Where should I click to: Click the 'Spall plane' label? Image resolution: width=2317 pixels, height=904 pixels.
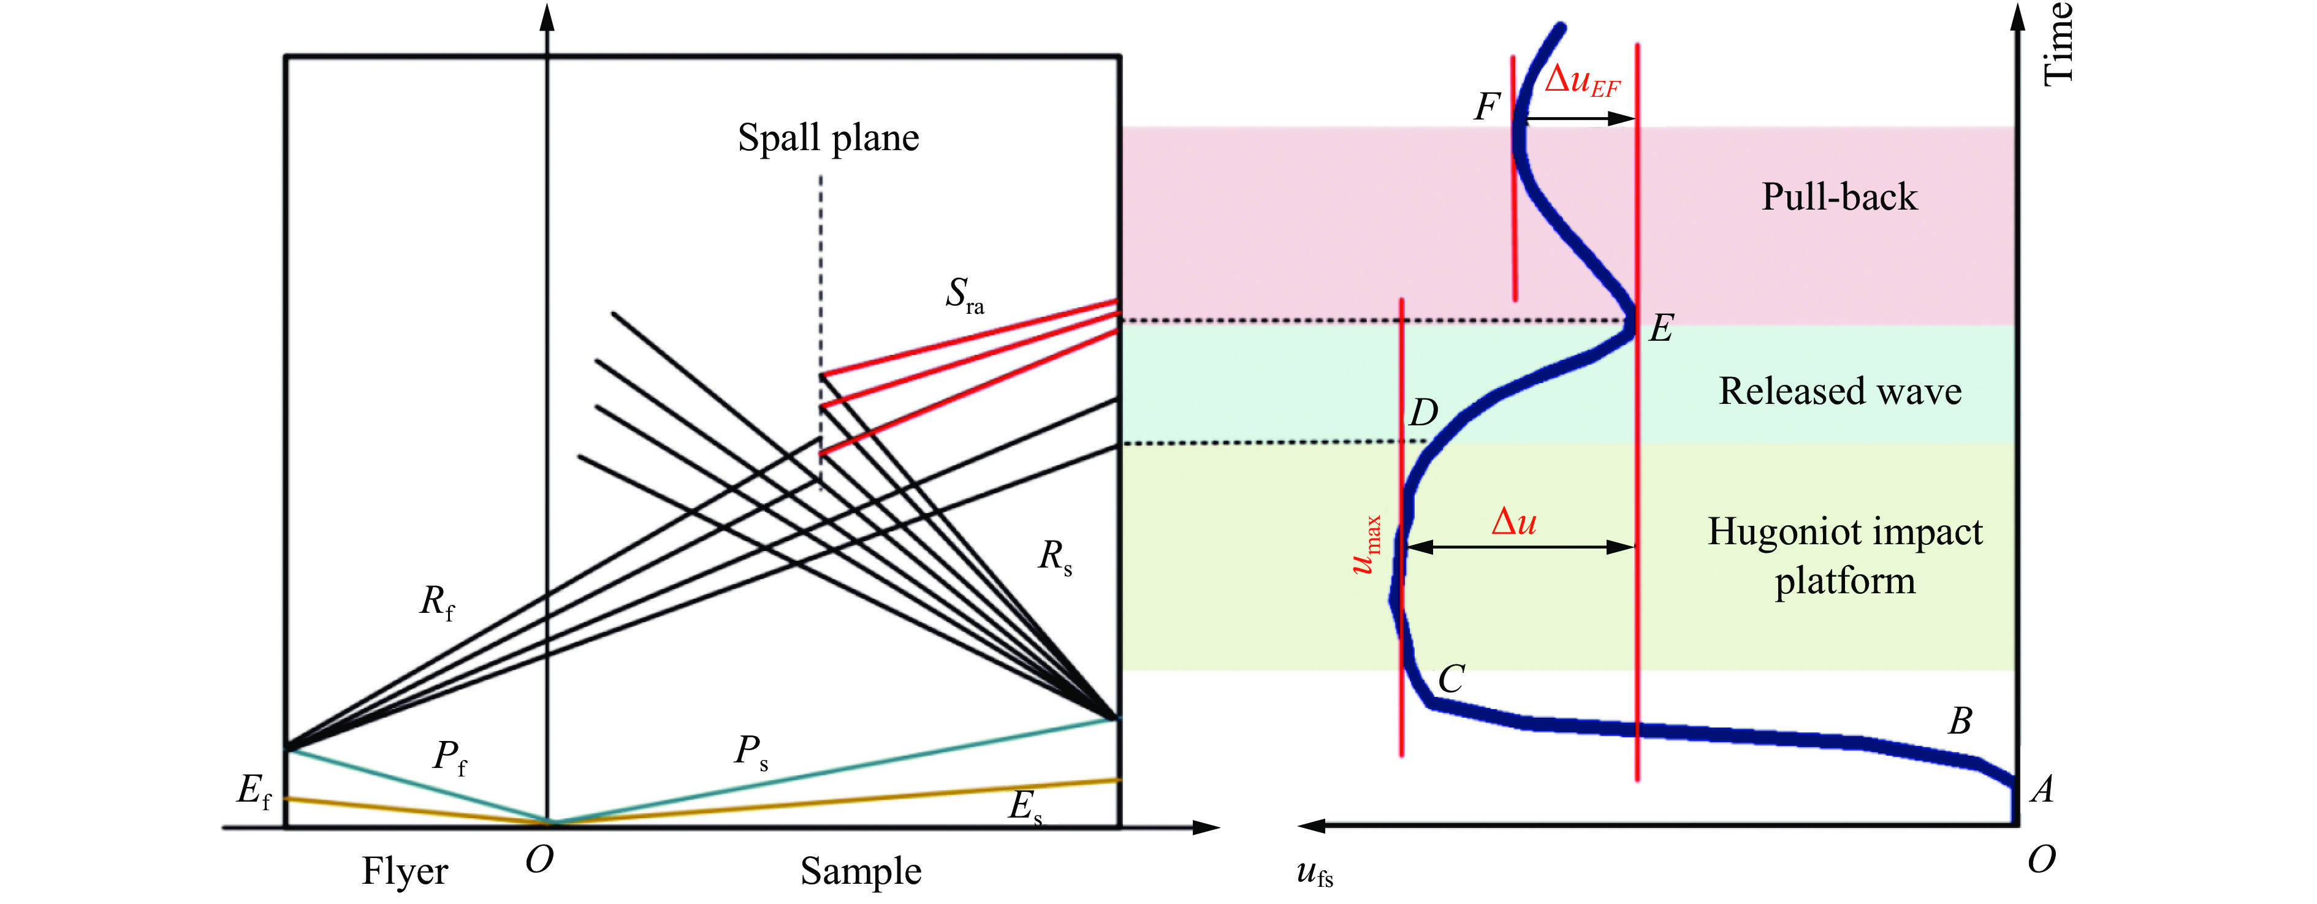pyautogui.click(x=828, y=139)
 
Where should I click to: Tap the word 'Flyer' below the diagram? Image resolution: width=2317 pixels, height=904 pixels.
pyautogui.click(x=405, y=872)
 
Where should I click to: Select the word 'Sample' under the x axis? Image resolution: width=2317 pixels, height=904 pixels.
pyautogui.click(x=861, y=872)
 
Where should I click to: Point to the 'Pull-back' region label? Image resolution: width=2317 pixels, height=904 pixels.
pyautogui.click(x=1840, y=197)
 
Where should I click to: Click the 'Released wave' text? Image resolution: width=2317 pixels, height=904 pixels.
pyautogui.click(x=1840, y=391)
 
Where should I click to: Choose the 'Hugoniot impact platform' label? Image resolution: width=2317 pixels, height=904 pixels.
pyautogui.click(x=1845, y=556)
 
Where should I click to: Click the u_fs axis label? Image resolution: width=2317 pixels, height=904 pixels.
pyautogui.click(x=1315, y=872)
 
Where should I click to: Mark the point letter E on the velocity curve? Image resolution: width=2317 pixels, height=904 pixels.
pyautogui.click(x=1661, y=329)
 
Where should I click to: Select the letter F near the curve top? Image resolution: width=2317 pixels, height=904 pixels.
pyautogui.click(x=1487, y=107)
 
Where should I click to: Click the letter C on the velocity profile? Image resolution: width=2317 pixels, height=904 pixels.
pyautogui.click(x=1451, y=679)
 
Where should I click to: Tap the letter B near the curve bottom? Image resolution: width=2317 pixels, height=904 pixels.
pyautogui.click(x=1961, y=721)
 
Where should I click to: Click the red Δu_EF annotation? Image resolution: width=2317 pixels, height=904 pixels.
pyautogui.click(x=1582, y=80)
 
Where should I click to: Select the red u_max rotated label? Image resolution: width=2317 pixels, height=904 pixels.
pyautogui.click(x=1366, y=545)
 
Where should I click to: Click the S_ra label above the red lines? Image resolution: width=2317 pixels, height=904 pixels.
pyautogui.click(x=964, y=295)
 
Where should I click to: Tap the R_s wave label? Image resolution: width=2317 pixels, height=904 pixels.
pyautogui.click(x=1055, y=556)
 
